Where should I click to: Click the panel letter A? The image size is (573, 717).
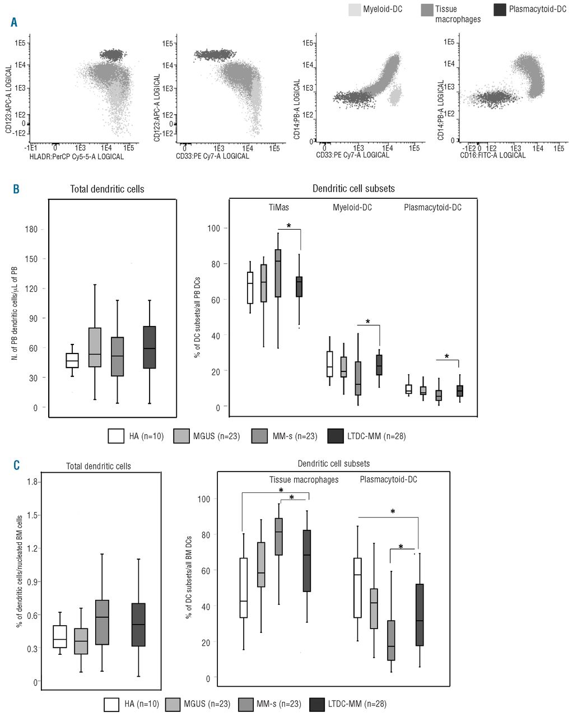(13, 22)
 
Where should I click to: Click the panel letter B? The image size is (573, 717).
(16, 189)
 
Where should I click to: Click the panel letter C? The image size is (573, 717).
(16, 464)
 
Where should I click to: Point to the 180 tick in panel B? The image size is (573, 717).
(31, 229)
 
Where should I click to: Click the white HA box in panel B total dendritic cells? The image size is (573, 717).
(72, 360)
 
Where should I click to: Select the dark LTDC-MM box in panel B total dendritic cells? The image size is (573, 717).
(149, 347)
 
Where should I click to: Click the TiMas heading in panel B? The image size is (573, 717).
(278, 207)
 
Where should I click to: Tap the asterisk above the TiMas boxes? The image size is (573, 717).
(289, 226)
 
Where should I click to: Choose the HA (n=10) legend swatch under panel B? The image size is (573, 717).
(116, 436)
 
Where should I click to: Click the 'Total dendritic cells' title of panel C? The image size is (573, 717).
(99, 466)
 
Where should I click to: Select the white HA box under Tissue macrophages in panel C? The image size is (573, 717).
(243, 588)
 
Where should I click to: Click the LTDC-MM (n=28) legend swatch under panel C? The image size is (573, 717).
(318, 704)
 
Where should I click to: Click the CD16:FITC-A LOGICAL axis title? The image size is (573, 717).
(493, 155)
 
